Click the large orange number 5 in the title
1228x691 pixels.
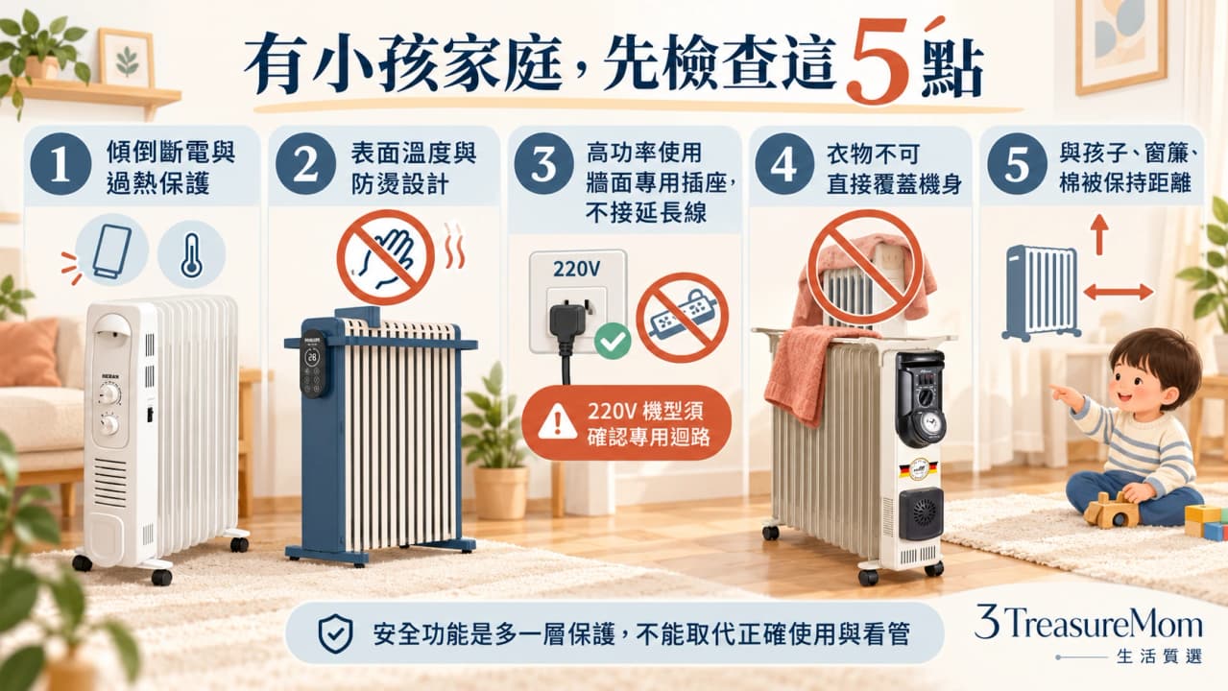pyautogui.click(x=879, y=60)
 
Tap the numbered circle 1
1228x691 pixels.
pyautogui.click(x=60, y=164)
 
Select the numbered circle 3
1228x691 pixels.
pyautogui.click(x=543, y=164)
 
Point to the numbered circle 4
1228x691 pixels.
pyautogui.click(x=784, y=164)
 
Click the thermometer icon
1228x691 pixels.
pyautogui.click(x=191, y=255)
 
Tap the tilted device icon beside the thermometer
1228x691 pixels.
pyautogui.click(x=112, y=251)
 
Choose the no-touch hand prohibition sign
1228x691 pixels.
pyautogui.click(x=386, y=257)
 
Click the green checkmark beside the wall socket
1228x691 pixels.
pyautogui.click(x=613, y=341)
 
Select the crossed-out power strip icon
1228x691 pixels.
pyautogui.click(x=683, y=318)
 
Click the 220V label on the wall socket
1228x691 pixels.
pyautogui.click(x=576, y=269)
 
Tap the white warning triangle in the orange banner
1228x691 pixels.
pyautogui.click(x=558, y=422)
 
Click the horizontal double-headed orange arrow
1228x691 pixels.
pyautogui.click(x=1119, y=292)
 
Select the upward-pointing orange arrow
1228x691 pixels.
pyautogui.click(x=1098, y=234)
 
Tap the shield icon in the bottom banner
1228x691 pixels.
pyautogui.click(x=335, y=634)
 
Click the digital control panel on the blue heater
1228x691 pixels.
pyautogui.click(x=313, y=364)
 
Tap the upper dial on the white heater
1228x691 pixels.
pyautogui.click(x=110, y=394)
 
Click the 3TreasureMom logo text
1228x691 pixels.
pyautogui.click(x=1089, y=624)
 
